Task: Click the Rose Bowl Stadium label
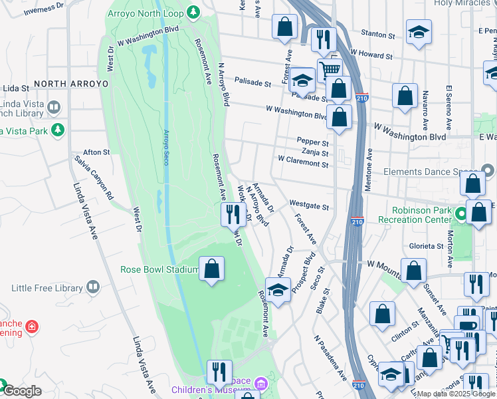tap(159, 269)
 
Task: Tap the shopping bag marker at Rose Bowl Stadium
tap(212, 269)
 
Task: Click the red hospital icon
tap(32, 327)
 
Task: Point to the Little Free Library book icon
tap(94, 287)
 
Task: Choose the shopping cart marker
tap(329, 69)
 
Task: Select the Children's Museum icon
tap(260, 384)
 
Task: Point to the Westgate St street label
tap(309, 207)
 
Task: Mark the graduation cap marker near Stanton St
tap(419, 31)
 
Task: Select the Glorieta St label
tap(425, 246)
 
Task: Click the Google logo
tap(23, 392)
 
